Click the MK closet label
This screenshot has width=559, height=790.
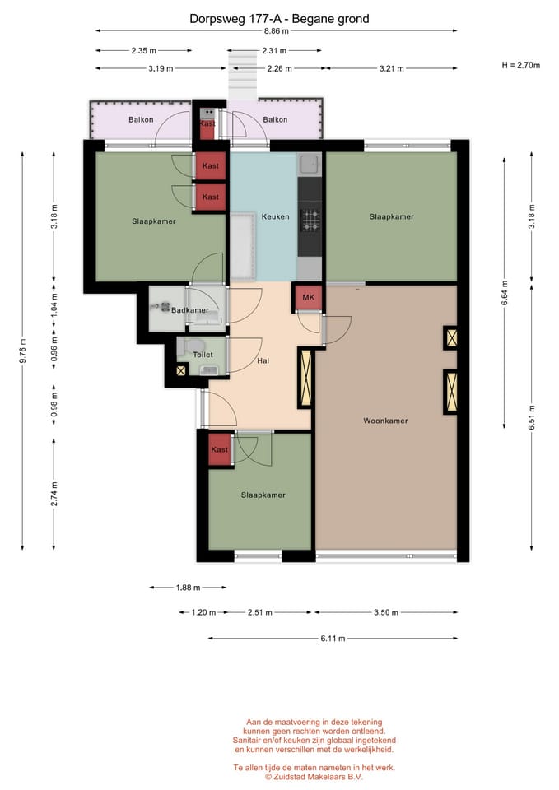tap(309, 297)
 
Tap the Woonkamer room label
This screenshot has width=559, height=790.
tap(385, 421)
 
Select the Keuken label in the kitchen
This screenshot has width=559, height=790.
tap(275, 216)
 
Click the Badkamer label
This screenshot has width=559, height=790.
tap(189, 310)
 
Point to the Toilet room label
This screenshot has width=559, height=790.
tap(203, 355)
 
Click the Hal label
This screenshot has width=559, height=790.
tap(263, 360)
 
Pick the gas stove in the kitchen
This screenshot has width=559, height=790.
tap(310, 221)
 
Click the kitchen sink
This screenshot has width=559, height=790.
tap(309, 164)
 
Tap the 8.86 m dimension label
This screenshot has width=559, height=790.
tap(277, 31)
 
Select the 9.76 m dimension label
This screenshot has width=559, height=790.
tap(23, 351)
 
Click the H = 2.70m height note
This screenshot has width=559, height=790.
tap(520, 65)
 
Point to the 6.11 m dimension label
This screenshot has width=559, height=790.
tap(333, 639)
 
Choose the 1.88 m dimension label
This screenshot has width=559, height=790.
tap(188, 588)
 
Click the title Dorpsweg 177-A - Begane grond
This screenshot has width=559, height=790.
tap(279, 19)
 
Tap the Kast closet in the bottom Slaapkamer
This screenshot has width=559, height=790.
tap(220, 449)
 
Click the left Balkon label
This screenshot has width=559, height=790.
tap(141, 120)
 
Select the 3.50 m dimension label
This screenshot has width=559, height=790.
tap(386, 612)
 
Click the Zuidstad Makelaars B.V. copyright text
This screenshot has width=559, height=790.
tap(314, 777)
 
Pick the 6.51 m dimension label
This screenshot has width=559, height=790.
tap(532, 418)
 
